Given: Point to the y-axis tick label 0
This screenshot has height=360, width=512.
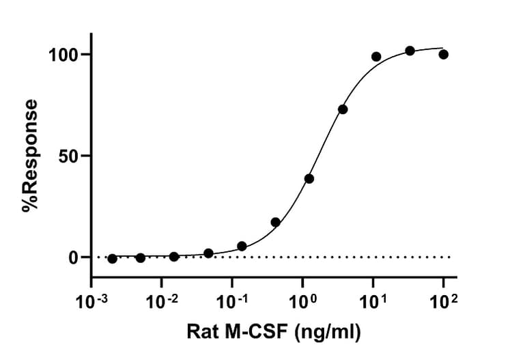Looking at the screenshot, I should [75, 258].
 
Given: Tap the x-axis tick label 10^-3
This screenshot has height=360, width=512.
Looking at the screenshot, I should [91, 299].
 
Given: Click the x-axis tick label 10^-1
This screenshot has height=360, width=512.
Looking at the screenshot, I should [232, 299].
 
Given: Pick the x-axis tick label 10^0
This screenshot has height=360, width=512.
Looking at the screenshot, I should [302, 299].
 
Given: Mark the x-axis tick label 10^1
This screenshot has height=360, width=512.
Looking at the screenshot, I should [373, 299].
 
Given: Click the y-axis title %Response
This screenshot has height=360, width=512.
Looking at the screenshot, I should [30, 156].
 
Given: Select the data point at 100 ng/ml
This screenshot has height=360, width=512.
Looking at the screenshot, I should [444, 55].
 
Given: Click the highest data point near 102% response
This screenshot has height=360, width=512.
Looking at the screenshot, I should [410, 51].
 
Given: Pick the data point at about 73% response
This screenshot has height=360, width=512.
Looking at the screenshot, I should [343, 109].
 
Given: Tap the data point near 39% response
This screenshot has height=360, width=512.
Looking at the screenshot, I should [309, 178].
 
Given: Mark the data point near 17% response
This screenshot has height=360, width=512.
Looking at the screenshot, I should [276, 222].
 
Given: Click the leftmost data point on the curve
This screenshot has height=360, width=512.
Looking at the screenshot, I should [112, 259].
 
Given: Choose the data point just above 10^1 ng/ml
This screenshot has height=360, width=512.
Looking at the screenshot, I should [376, 57].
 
